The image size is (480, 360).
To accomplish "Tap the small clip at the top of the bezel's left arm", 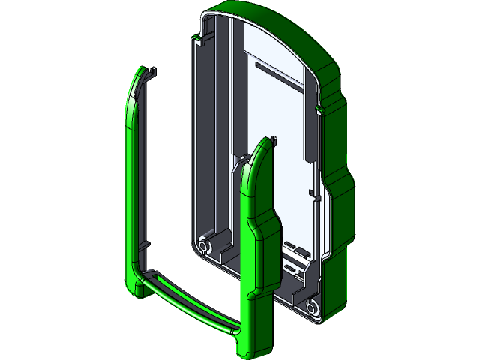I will click(153, 73).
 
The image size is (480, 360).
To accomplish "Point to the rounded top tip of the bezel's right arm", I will click(262, 147).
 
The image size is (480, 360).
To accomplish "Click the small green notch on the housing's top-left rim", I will click(197, 38).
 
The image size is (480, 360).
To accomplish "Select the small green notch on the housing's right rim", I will click(322, 111).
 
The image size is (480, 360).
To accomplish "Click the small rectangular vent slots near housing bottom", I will click(294, 248).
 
